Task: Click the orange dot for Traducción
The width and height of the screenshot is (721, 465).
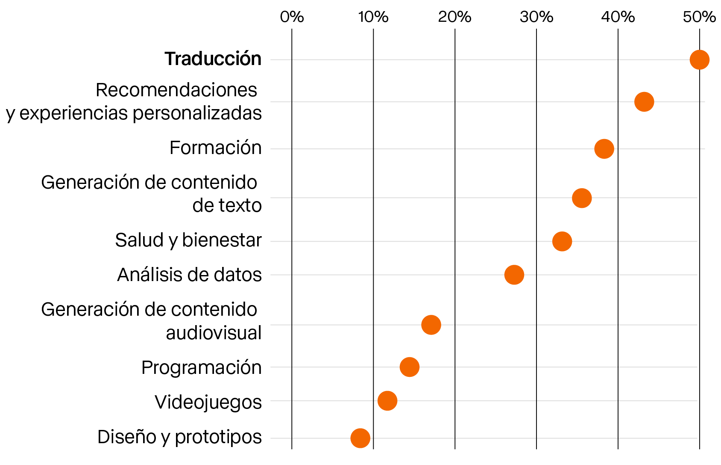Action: tap(699, 59)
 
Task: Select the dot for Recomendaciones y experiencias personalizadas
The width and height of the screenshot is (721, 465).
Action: tap(644, 102)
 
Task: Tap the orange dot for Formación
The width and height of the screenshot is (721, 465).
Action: tap(604, 149)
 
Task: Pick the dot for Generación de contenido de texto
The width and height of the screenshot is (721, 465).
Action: tap(582, 198)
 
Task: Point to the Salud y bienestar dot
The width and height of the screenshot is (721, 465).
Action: tap(562, 241)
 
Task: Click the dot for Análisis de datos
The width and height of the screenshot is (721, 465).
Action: tap(514, 275)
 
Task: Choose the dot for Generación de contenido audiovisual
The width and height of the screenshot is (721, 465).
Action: tap(431, 325)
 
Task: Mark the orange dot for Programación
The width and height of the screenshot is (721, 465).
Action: tap(410, 367)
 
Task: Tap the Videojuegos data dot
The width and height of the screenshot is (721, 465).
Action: tap(387, 401)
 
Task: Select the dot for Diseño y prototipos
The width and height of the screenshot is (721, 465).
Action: tap(360, 438)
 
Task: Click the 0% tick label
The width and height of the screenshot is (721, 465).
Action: tap(292, 17)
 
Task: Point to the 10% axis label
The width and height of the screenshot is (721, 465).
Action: tap(373, 17)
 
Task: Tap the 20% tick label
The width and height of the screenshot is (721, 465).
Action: tap(454, 17)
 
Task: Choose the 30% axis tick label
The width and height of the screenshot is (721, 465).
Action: tap(536, 17)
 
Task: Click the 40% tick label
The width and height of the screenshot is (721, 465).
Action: tap(618, 17)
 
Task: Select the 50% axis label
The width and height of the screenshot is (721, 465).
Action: tap(699, 17)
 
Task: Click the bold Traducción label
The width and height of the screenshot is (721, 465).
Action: tap(213, 59)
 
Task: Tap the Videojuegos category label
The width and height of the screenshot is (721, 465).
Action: tap(208, 402)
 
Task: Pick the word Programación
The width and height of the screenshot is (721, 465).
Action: tap(201, 367)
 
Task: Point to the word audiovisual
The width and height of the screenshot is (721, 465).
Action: tap(214, 333)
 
